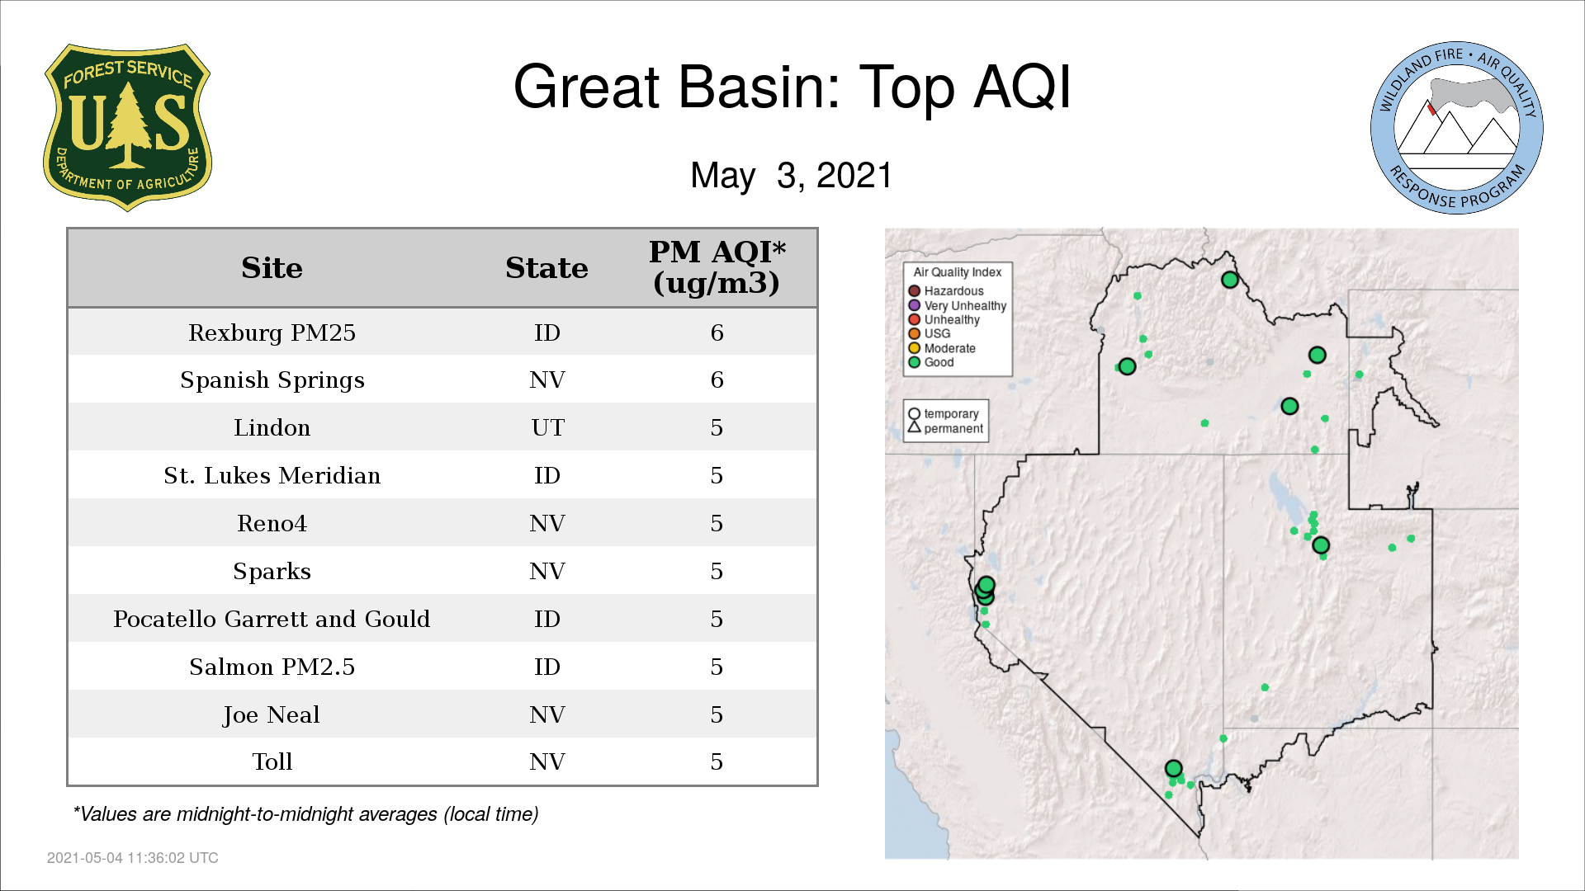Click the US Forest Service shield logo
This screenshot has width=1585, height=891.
(x=127, y=127)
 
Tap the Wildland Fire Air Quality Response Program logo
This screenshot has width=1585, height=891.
(x=1457, y=128)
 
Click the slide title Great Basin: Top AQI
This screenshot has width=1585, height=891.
(x=792, y=87)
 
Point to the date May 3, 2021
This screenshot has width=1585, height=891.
(x=792, y=175)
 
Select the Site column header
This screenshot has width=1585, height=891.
(x=272, y=268)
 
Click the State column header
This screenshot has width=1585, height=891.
(x=546, y=268)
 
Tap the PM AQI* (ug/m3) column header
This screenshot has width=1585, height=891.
(x=717, y=267)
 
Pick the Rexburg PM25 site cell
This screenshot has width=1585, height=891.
(x=272, y=332)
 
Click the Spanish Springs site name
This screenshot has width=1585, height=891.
(x=272, y=380)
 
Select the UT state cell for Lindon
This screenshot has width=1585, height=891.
(x=547, y=427)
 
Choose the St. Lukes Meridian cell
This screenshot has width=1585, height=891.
(x=272, y=475)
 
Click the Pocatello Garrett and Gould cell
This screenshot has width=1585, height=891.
(x=272, y=619)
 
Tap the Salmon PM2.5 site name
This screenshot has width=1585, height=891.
(x=272, y=667)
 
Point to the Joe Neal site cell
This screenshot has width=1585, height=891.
(x=272, y=714)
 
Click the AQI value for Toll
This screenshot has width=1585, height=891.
(x=717, y=761)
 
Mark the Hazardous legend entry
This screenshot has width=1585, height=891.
(x=946, y=291)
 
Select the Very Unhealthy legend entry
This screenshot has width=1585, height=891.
(x=958, y=305)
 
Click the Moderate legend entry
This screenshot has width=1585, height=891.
(x=942, y=348)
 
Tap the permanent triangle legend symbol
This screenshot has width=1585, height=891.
(x=914, y=427)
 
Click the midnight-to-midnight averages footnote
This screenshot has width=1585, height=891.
(x=305, y=814)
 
